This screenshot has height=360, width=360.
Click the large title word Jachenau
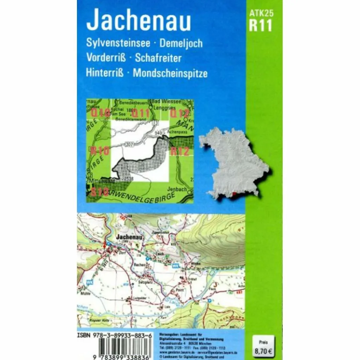[139, 21]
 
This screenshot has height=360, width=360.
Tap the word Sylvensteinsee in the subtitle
[118, 43]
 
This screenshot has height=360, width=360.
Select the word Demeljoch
[181, 43]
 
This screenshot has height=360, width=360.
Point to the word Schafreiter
[158, 58]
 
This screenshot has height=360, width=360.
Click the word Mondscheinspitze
[170, 73]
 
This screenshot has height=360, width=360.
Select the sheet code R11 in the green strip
[261, 26]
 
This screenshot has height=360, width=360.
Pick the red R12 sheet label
[180, 152]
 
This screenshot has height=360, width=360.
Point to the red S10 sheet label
[100, 192]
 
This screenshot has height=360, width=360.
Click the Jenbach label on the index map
[177, 189]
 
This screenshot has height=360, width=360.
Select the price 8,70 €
[263, 350]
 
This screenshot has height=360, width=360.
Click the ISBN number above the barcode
[114, 336]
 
